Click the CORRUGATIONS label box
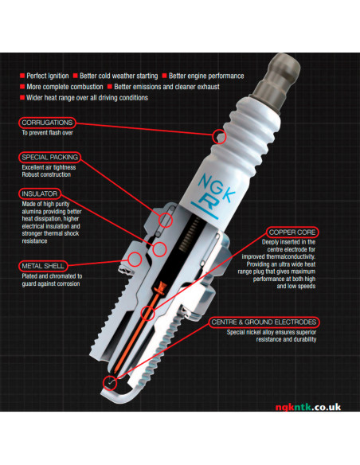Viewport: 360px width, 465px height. (x=47, y=123)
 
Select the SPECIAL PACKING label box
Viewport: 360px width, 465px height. (x=50, y=157)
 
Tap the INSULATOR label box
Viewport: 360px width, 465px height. (x=40, y=193)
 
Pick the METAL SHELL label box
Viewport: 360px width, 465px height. (x=43, y=266)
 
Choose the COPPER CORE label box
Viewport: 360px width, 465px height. (x=292, y=232)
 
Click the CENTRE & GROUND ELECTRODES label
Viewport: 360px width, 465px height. (x=264, y=322)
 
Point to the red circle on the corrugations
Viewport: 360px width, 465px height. (x=220, y=137)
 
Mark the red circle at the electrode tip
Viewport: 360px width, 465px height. (x=110, y=383)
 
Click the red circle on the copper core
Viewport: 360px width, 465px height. (x=147, y=313)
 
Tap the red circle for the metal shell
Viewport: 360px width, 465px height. (x=135, y=260)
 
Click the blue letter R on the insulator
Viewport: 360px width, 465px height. (x=207, y=202)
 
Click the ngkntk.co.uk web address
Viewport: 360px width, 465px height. (x=308, y=407)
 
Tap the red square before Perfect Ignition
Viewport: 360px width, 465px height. (x=22, y=76)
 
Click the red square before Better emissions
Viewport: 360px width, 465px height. (x=110, y=87)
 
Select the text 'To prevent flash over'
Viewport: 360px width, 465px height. (x=48, y=132)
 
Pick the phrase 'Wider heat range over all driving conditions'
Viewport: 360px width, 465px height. (x=87, y=98)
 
